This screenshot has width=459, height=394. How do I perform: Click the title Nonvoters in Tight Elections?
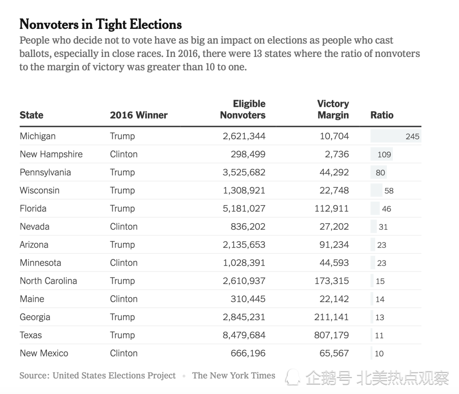click(101, 24)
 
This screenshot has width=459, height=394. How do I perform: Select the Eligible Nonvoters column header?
click(243, 109)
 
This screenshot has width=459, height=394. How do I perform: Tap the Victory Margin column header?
click(333, 109)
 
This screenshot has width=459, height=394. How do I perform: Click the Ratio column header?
click(382, 115)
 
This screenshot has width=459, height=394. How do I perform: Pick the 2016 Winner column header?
click(139, 115)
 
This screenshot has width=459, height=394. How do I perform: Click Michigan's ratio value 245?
click(412, 136)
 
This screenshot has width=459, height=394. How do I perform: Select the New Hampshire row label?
click(51, 154)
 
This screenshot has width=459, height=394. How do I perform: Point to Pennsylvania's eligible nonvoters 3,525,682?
click(244, 172)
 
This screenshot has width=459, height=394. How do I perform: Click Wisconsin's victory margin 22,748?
click(334, 190)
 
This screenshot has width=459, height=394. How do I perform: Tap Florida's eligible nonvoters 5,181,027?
click(244, 208)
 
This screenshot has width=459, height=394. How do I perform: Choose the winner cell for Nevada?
click(123, 226)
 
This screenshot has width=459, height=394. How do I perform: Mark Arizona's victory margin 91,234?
click(334, 245)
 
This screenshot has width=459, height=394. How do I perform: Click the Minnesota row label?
click(40, 263)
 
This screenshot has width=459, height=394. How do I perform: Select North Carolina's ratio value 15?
click(380, 281)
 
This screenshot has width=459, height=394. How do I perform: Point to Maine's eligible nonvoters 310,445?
click(248, 299)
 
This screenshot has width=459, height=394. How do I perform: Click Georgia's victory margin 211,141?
click(331, 317)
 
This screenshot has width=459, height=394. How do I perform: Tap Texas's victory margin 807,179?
click(331, 335)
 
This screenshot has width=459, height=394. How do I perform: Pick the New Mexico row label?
click(44, 353)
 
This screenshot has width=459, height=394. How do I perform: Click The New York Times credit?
click(234, 376)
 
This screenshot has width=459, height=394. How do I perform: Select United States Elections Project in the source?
click(114, 376)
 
